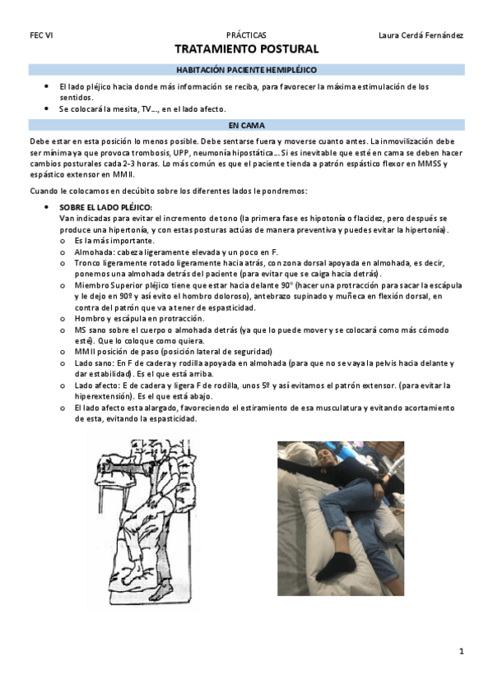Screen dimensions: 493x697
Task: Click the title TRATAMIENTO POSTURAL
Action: pos(246,50)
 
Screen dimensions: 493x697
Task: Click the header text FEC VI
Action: pos(40,36)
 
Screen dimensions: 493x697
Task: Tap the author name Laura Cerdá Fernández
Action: pos(421,36)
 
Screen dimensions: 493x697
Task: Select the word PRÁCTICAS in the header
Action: pos(246,36)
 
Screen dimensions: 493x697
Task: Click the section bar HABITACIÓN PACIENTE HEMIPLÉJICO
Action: pos(246,71)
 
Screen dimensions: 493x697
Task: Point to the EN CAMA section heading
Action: pos(246,125)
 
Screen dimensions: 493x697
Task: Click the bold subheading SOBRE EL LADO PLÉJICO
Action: pos(106,207)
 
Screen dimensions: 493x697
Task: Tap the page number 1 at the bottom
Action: pos(462,651)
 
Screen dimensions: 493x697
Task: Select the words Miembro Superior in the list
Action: pos(105,284)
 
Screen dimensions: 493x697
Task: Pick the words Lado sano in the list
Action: pos(91,362)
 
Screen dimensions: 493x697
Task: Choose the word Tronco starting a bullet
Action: pos(86,262)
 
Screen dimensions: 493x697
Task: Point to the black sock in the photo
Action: pos(337,563)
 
